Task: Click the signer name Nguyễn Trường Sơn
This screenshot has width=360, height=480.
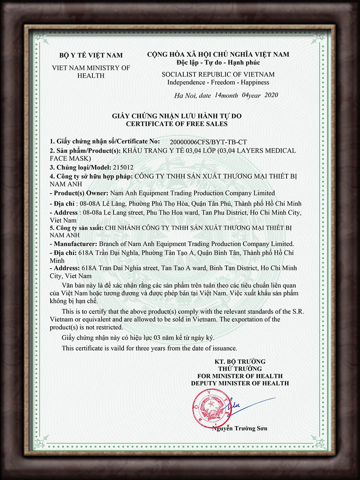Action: pos(239,429)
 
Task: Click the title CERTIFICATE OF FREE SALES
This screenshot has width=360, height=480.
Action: pos(177,124)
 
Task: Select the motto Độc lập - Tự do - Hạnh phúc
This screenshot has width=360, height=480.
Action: pos(218,63)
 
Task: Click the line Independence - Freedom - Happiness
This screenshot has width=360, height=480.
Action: pos(218,82)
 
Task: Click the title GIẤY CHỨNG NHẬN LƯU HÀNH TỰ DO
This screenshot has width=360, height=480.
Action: pos(177,116)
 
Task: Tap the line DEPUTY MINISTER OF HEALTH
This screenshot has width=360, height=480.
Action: pos(240,383)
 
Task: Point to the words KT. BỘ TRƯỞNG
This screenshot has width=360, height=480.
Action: pos(240,361)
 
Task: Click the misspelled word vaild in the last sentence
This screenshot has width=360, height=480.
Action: pos(119,348)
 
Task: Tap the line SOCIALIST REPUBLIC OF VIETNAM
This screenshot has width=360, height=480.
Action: pos(218,75)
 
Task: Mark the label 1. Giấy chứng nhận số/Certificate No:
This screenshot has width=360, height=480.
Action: pos(105,142)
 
